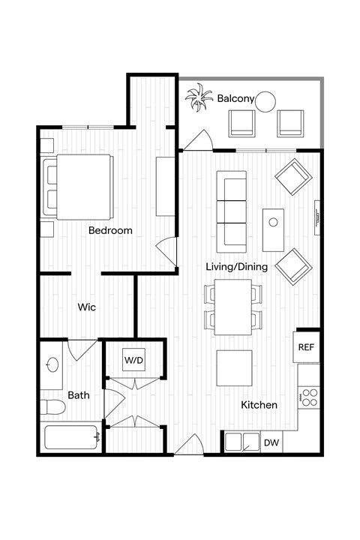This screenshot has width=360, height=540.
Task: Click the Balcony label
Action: coord(236,98)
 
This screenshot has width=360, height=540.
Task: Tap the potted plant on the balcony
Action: coord(199,99)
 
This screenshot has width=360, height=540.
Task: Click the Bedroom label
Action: coord(110,230)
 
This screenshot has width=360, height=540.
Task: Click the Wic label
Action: coord(86,307)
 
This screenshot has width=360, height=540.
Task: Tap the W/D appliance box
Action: coord(134,360)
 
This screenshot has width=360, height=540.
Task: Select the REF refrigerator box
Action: coord(307,347)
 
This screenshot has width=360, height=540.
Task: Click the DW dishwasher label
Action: coord(271,443)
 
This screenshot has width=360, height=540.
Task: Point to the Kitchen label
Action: coord(259,405)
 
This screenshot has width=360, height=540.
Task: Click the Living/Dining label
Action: coord(235,266)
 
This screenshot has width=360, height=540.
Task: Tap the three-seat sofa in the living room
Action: coord(231,211)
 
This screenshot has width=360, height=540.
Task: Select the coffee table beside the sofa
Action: coord(274,229)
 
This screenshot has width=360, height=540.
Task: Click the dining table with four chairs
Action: coord(233,307)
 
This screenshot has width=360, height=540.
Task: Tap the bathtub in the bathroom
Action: coord(71,437)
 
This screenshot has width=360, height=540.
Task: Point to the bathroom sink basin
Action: coord(52,365)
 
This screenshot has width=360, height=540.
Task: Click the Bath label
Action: coord(79,394)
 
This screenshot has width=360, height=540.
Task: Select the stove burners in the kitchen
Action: coord(308,397)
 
